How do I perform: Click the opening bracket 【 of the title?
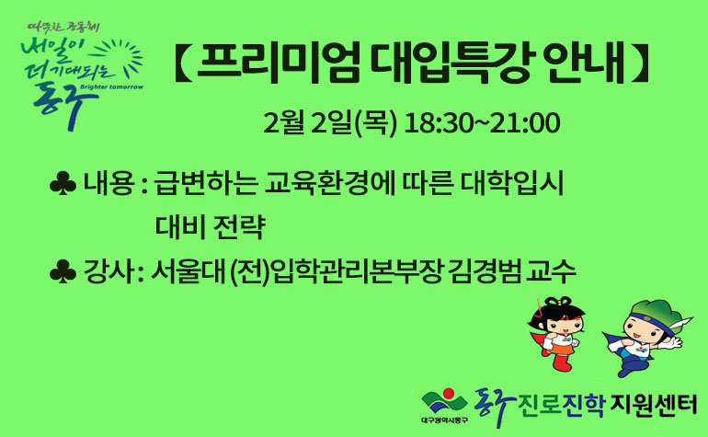[180, 63]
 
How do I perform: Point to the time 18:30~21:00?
[482, 123]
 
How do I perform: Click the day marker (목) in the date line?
[376, 123]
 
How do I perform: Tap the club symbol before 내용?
[63, 183]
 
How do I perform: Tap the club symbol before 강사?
[63, 271]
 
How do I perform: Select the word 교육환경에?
[330, 183]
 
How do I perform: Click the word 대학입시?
[511, 183]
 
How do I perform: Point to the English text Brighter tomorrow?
[111, 86]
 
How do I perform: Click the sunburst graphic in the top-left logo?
[122, 58]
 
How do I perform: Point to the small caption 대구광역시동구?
[444, 420]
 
